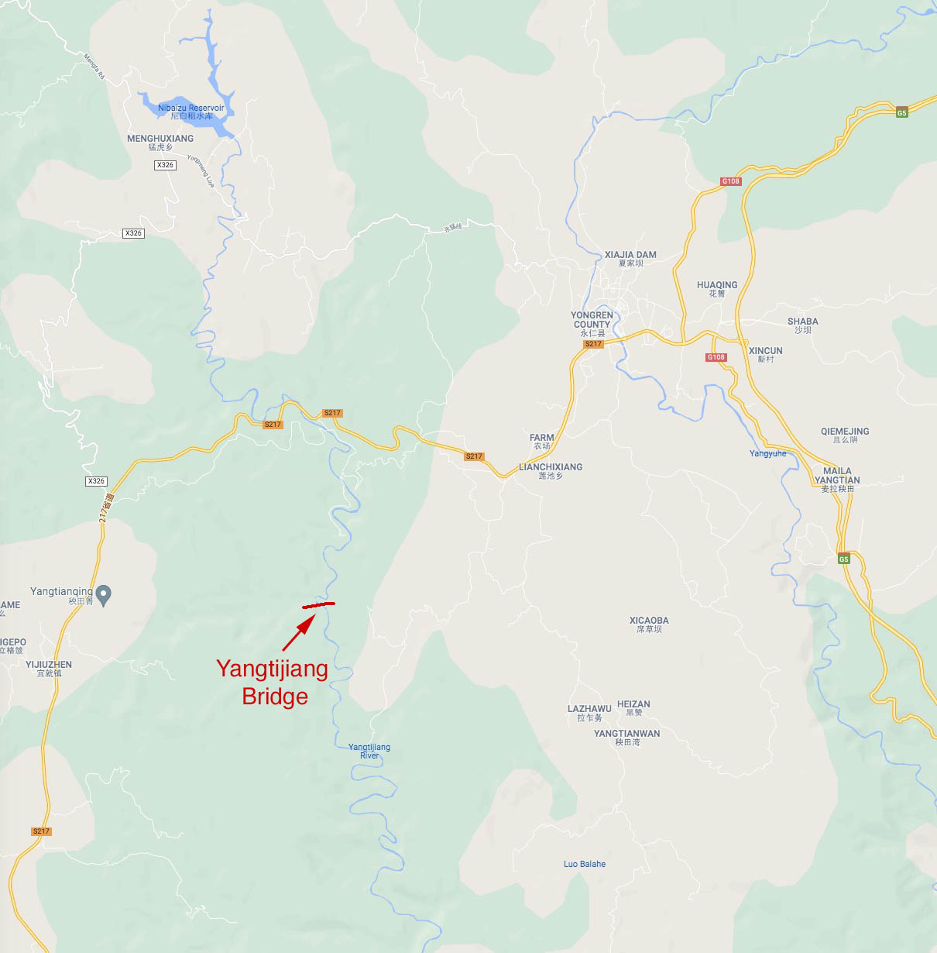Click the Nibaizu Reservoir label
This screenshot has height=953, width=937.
[190, 112]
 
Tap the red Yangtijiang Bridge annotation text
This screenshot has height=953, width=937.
[273, 682]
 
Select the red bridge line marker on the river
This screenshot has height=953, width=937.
[317, 604]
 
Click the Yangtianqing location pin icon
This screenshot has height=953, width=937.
[105, 594]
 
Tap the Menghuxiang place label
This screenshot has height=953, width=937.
[160, 142]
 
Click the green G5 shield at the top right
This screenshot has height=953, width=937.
[901, 112]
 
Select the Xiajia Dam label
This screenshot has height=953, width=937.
[630, 258]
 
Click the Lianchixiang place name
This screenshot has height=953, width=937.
[551, 470]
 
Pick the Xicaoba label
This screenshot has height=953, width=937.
[649, 624]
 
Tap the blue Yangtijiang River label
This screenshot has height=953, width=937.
[369, 751]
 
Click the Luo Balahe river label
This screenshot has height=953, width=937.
[585, 864]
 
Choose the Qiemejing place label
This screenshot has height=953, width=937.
[845, 435]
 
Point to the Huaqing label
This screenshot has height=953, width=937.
[717, 288]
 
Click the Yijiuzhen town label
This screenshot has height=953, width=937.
[49, 668]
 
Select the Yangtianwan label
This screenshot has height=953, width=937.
[627, 737]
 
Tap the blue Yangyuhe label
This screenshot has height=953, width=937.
[767, 453]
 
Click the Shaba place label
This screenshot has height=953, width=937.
[803, 325]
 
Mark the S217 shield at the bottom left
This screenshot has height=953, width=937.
[41, 831]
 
